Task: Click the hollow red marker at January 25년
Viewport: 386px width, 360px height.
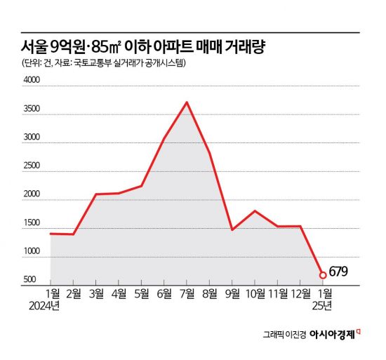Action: pyautogui.click(x=323, y=275)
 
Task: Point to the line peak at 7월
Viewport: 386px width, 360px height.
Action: pyautogui.click(x=187, y=102)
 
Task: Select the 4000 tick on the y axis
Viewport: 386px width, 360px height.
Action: pyautogui.click(x=32, y=81)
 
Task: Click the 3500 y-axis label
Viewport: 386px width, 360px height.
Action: pyautogui.click(x=32, y=110)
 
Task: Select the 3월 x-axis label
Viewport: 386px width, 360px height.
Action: pyautogui.click(x=96, y=293)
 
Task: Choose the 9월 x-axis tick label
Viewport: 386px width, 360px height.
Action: pyautogui.click(x=232, y=293)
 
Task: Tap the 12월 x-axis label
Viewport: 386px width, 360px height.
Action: pyautogui.click(x=300, y=293)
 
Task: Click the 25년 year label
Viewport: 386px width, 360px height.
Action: pyautogui.click(x=323, y=305)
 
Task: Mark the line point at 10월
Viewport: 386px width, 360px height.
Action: pyautogui.click(x=255, y=211)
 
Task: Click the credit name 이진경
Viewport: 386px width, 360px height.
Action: pyautogui.click(x=295, y=334)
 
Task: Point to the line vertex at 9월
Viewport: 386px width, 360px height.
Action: pyautogui.click(x=232, y=229)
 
